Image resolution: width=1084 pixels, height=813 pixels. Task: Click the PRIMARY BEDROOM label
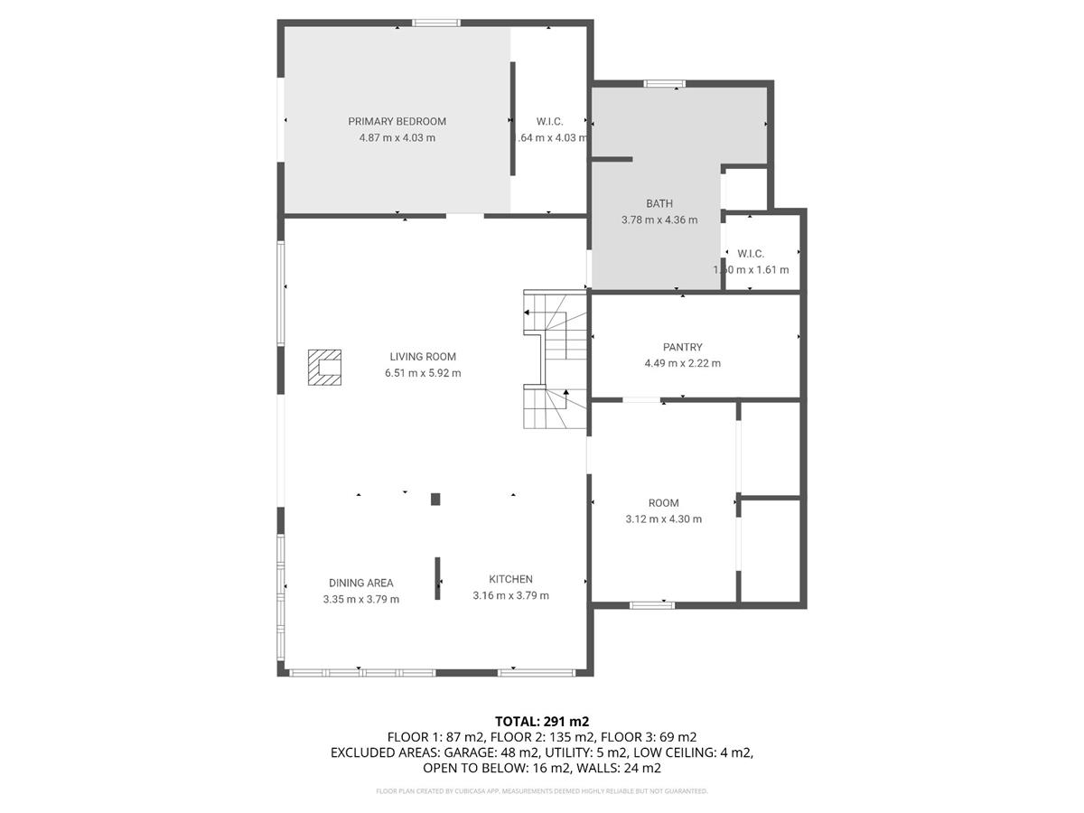pyautogui.click(x=397, y=121)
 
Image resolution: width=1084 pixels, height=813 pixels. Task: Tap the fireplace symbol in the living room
pyautogui.click(x=324, y=368)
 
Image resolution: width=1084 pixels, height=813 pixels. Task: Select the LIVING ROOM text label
pyautogui.click(x=423, y=357)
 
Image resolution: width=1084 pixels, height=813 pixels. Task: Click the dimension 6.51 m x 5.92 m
pyautogui.click(x=423, y=373)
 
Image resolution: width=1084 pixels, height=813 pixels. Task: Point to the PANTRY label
pyautogui.click(x=682, y=347)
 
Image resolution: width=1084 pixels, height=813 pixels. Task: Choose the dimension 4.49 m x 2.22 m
pyautogui.click(x=682, y=363)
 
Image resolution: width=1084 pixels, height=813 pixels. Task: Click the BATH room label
pyautogui.click(x=659, y=203)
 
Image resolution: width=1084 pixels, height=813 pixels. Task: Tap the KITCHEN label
pyautogui.click(x=510, y=579)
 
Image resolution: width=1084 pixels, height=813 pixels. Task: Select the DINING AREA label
pyautogui.click(x=360, y=583)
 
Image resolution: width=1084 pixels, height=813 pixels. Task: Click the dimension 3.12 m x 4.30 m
pyautogui.click(x=663, y=519)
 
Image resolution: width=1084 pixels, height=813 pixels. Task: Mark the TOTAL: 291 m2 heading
pyautogui.click(x=541, y=721)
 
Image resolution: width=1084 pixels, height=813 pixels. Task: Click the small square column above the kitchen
pyautogui.click(x=435, y=499)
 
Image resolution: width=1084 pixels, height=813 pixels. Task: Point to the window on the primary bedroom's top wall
pyautogui.click(x=436, y=23)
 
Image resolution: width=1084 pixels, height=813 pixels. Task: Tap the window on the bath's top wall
pyautogui.click(x=664, y=84)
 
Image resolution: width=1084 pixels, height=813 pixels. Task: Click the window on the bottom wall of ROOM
pyautogui.click(x=651, y=604)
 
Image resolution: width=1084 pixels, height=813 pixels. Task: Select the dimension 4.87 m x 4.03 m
pyautogui.click(x=397, y=138)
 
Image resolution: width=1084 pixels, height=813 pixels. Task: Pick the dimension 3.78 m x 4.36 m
pyautogui.click(x=659, y=220)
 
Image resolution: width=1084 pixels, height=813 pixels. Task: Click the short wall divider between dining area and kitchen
pyautogui.click(x=438, y=578)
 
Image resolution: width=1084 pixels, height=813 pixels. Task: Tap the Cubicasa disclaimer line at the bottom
pyautogui.click(x=541, y=791)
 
